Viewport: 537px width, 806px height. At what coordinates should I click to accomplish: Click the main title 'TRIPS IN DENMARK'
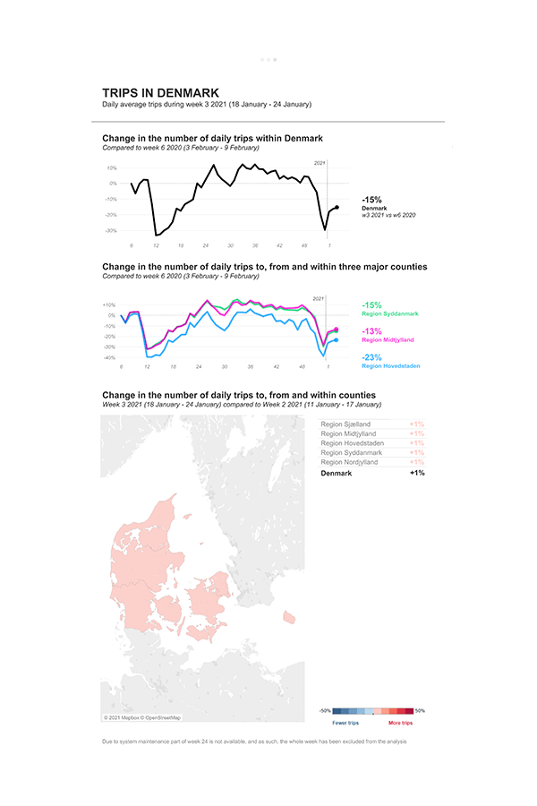tap(160, 93)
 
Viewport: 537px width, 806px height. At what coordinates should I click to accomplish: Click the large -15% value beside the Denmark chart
tap(371, 200)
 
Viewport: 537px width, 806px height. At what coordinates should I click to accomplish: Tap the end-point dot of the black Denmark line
tap(337, 207)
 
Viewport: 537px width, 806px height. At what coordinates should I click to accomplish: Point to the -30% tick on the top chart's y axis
tap(112, 230)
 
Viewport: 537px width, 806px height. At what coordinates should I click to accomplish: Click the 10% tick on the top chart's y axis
tap(112, 167)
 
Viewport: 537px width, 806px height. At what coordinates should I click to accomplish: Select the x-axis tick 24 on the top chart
tap(205, 245)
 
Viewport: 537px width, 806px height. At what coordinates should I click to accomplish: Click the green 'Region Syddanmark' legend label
tap(389, 314)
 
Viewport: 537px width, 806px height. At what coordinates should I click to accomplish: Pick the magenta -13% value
tap(371, 330)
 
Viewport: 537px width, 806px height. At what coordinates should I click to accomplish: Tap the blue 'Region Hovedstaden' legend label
tap(391, 365)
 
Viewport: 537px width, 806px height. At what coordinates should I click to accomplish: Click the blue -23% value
tap(372, 356)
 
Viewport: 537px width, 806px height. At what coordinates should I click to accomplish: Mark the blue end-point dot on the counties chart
tap(335, 340)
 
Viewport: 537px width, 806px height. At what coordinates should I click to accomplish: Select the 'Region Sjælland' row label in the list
tap(345, 424)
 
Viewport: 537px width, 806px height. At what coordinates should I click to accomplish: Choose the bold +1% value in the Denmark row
tap(417, 473)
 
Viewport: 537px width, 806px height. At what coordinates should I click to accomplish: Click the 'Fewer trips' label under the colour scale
tap(345, 722)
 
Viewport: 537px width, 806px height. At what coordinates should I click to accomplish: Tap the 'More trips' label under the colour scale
tap(400, 722)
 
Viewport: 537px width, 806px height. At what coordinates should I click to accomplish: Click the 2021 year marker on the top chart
tap(320, 162)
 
